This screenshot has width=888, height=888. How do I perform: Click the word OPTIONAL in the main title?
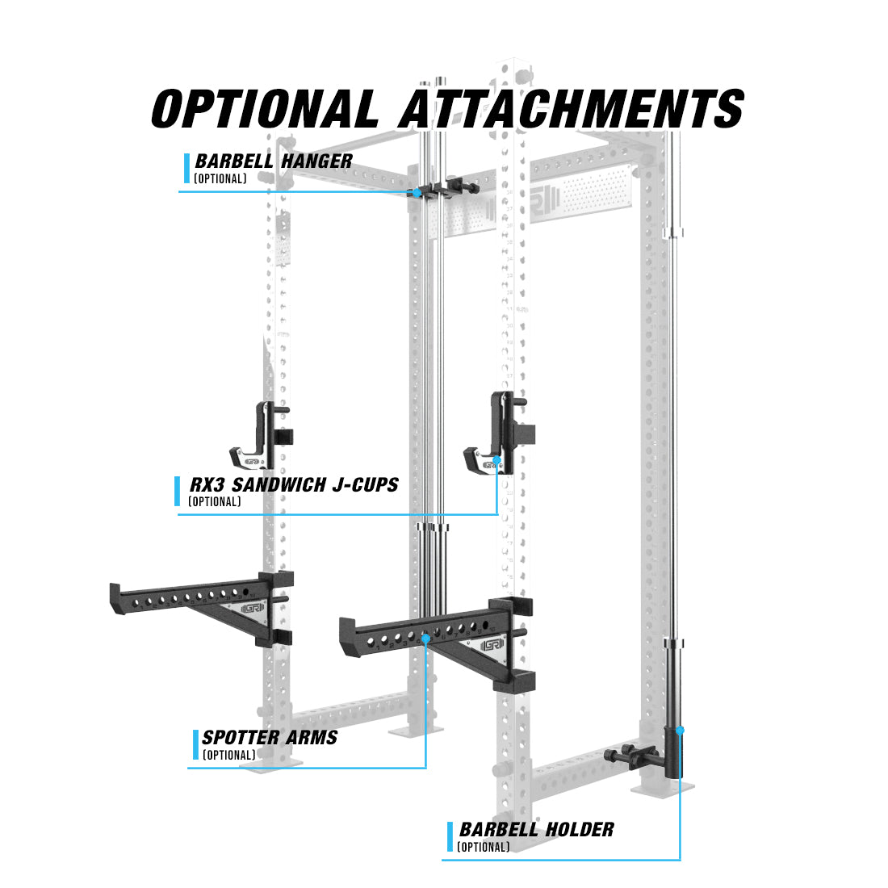tap(265, 108)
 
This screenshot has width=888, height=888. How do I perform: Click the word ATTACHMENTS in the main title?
tap(572, 108)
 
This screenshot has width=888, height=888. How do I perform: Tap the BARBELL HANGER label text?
tap(274, 161)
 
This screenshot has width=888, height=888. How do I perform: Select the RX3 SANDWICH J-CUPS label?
tap(294, 485)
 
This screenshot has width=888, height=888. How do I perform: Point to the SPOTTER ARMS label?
tap(270, 737)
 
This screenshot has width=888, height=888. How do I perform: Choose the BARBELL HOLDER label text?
tap(536, 830)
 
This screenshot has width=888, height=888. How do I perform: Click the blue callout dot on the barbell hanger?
tap(417, 193)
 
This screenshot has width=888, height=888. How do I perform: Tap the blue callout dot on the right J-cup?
tap(497, 459)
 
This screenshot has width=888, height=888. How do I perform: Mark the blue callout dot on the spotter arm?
tap(425, 639)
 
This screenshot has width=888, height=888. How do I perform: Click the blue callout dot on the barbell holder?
tap(681, 731)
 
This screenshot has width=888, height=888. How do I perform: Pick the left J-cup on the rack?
tap(261, 436)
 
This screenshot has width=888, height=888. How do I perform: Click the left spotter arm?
tap(202, 608)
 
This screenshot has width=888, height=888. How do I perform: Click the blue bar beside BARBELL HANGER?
tap(187, 168)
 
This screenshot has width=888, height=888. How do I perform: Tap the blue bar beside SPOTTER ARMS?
tap(195, 745)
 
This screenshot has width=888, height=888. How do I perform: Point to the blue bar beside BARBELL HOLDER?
tap(450, 837)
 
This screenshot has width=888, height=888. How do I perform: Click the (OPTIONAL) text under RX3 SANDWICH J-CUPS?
tap(215, 502)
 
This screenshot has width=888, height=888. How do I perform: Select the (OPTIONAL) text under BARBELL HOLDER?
tap(483, 847)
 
